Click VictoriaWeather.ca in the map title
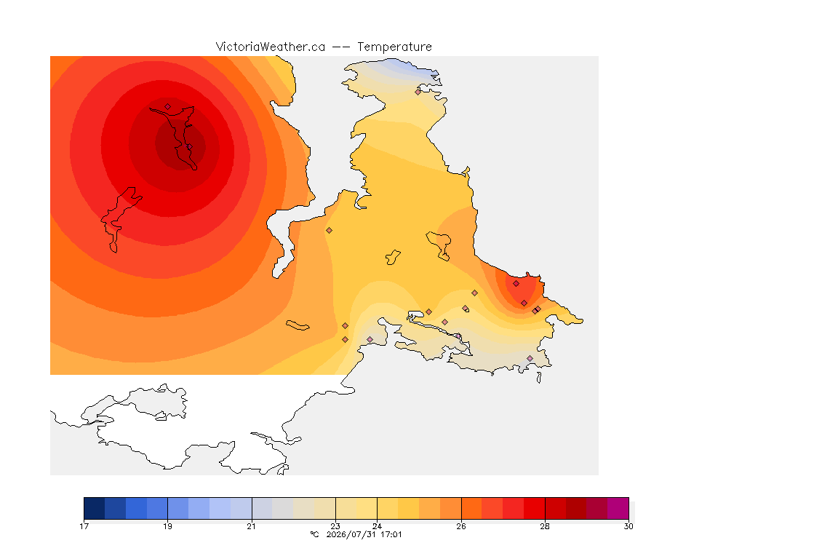tap(271, 47)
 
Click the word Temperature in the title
tap(394, 47)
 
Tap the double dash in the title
tap(341, 47)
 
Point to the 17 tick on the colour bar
tap(84, 526)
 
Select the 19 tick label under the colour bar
tap(167, 526)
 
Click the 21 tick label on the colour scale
tap(251, 526)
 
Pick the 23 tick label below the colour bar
tap(335, 526)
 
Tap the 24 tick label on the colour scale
tap(377, 526)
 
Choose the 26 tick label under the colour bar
tap(460, 526)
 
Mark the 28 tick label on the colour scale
tap(545, 526)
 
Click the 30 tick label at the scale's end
tap(628, 526)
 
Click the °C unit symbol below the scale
tap(314, 534)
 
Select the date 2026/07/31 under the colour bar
tap(351, 534)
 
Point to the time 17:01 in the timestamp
tap(391, 534)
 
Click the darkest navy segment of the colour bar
tap(94, 507)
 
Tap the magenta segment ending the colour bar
tap(618, 507)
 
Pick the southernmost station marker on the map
tap(530, 358)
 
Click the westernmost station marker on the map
tap(168, 106)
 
